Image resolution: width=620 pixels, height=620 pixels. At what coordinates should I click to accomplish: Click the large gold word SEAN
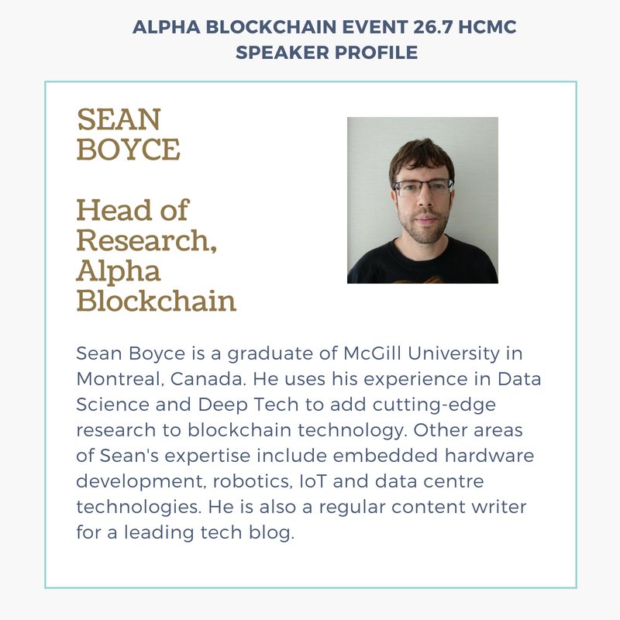119,120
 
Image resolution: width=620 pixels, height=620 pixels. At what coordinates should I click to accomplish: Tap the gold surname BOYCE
128,149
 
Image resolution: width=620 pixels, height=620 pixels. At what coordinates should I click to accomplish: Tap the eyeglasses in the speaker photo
422,186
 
